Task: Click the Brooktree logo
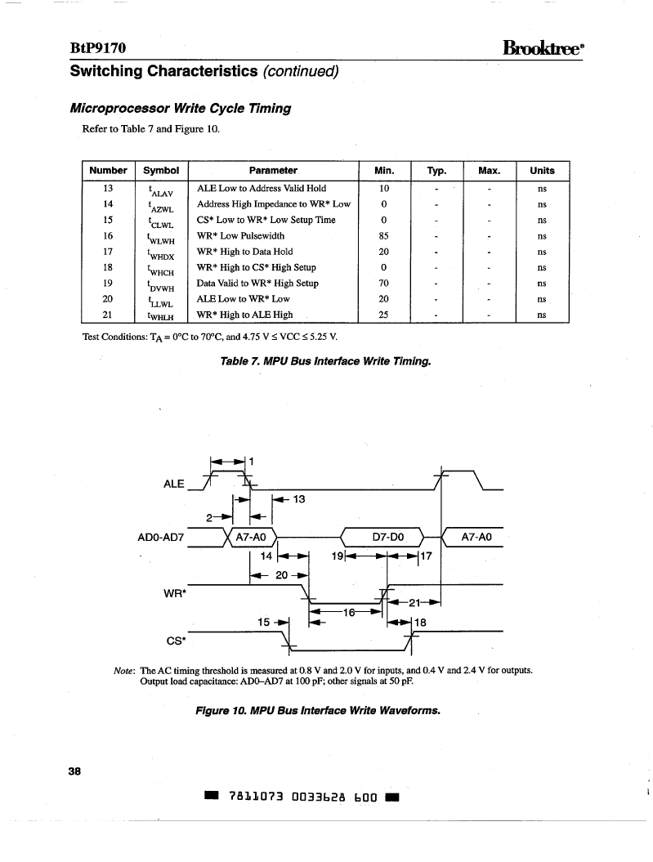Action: click(543, 48)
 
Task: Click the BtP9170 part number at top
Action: click(98, 48)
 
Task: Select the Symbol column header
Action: click(161, 171)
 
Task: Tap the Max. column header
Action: click(490, 171)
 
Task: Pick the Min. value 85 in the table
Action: click(383, 236)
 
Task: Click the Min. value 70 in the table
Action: click(383, 284)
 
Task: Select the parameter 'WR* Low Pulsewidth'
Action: click(241, 236)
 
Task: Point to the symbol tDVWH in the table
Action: click(160, 286)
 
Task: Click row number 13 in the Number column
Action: click(108, 188)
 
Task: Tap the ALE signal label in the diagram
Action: click(174, 484)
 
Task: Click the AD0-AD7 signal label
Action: click(160, 537)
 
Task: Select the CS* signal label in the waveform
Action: click(176, 641)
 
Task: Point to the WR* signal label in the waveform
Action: click(175, 594)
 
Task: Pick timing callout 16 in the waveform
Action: click(349, 613)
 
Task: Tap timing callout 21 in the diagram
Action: click(414, 603)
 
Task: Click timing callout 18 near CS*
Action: click(420, 623)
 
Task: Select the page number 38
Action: click(74, 771)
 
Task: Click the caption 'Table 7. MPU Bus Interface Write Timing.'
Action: click(325, 361)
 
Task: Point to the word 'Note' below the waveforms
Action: click(124, 671)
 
